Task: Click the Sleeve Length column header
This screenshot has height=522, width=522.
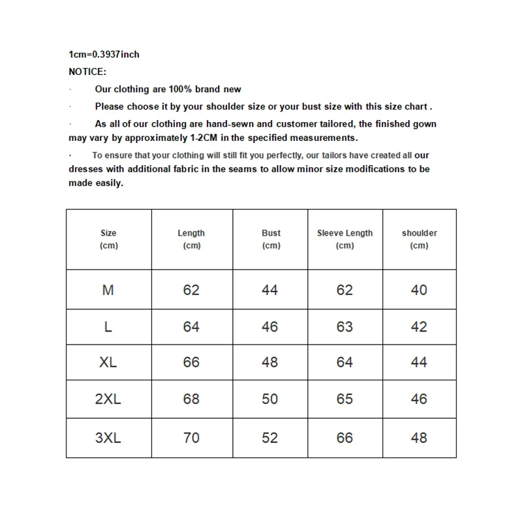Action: click(345, 239)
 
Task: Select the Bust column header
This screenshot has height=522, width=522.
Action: click(271, 239)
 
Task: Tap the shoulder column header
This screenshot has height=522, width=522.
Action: click(419, 239)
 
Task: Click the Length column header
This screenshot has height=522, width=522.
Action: click(191, 239)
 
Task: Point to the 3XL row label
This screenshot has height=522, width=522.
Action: click(108, 438)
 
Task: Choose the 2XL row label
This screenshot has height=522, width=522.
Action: click(108, 399)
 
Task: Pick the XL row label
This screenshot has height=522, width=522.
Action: click(108, 362)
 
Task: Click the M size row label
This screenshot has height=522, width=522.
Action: click(108, 290)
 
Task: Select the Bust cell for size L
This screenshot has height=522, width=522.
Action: click(270, 326)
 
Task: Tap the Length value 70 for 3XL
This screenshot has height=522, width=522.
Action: click(191, 438)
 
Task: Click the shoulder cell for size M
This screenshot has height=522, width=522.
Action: click(419, 290)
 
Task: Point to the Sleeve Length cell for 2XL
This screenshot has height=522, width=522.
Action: click(345, 399)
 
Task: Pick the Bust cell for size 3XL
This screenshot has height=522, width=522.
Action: click(270, 438)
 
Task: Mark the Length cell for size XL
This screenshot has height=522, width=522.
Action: click(191, 362)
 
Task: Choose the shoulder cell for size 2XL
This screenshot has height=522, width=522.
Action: click(419, 399)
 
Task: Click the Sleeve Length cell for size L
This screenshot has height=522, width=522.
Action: click(345, 326)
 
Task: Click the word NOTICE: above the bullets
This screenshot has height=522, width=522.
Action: click(87, 72)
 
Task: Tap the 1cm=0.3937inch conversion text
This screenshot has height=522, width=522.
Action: click(104, 54)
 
